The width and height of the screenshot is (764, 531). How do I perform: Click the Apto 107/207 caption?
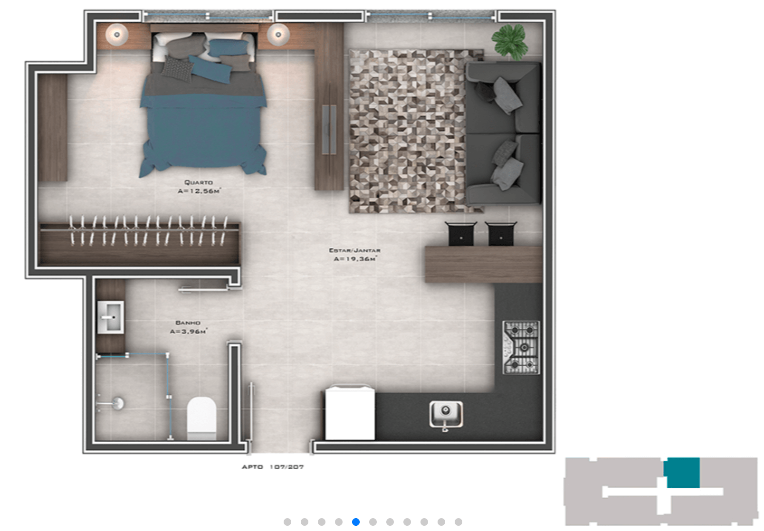click(x=273, y=467)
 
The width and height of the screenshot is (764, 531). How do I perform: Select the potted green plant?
click(x=509, y=41)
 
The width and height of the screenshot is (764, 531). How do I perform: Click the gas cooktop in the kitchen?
click(x=521, y=348)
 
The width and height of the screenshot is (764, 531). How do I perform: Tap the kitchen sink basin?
click(x=446, y=414)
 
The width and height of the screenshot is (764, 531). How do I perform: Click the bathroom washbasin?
click(x=111, y=317)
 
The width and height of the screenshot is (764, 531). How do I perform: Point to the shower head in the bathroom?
click(x=118, y=403)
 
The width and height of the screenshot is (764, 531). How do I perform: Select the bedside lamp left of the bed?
click(x=117, y=35)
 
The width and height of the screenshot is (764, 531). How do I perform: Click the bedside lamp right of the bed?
click(x=278, y=35)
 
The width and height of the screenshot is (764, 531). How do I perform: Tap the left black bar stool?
click(x=461, y=234)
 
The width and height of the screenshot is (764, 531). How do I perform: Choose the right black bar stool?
click(x=501, y=234)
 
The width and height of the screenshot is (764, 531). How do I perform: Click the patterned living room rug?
click(x=408, y=132)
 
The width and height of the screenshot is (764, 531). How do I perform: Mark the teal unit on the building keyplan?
click(x=681, y=473)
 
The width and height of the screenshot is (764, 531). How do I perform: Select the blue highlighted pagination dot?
click(x=356, y=522)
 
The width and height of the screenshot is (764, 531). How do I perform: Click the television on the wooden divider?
click(x=329, y=130)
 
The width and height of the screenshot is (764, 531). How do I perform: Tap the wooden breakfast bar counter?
click(x=484, y=265)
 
